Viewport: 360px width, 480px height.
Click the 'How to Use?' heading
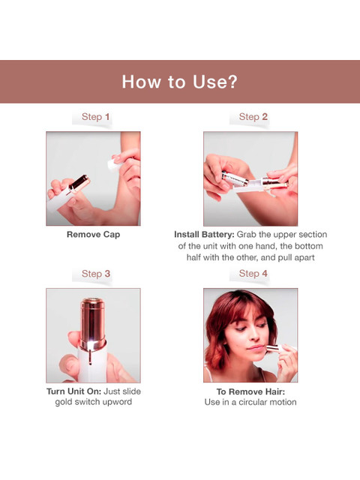point(180,82)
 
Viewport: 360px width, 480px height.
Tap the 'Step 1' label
point(95,117)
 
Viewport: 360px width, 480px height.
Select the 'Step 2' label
point(253,117)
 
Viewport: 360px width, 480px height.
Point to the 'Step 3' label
point(96,274)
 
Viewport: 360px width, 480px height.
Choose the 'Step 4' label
point(253,273)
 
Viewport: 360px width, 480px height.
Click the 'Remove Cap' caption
point(93,235)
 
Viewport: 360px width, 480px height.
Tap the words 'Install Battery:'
point(204,235)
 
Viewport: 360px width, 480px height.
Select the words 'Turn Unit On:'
point(73,391)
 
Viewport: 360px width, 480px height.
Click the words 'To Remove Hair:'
point(250,391)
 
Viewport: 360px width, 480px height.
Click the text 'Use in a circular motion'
point(250,402)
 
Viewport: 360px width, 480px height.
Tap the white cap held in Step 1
point(113,163)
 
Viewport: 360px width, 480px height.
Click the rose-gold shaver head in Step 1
point(79,184)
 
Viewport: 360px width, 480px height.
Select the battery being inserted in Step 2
point(235,178)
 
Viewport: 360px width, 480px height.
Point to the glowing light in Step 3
point(91,346)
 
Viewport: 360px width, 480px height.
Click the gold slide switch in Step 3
point(90,357)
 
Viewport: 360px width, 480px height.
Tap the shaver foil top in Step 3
point(92,301)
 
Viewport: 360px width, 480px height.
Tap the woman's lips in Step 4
point(256,348)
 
